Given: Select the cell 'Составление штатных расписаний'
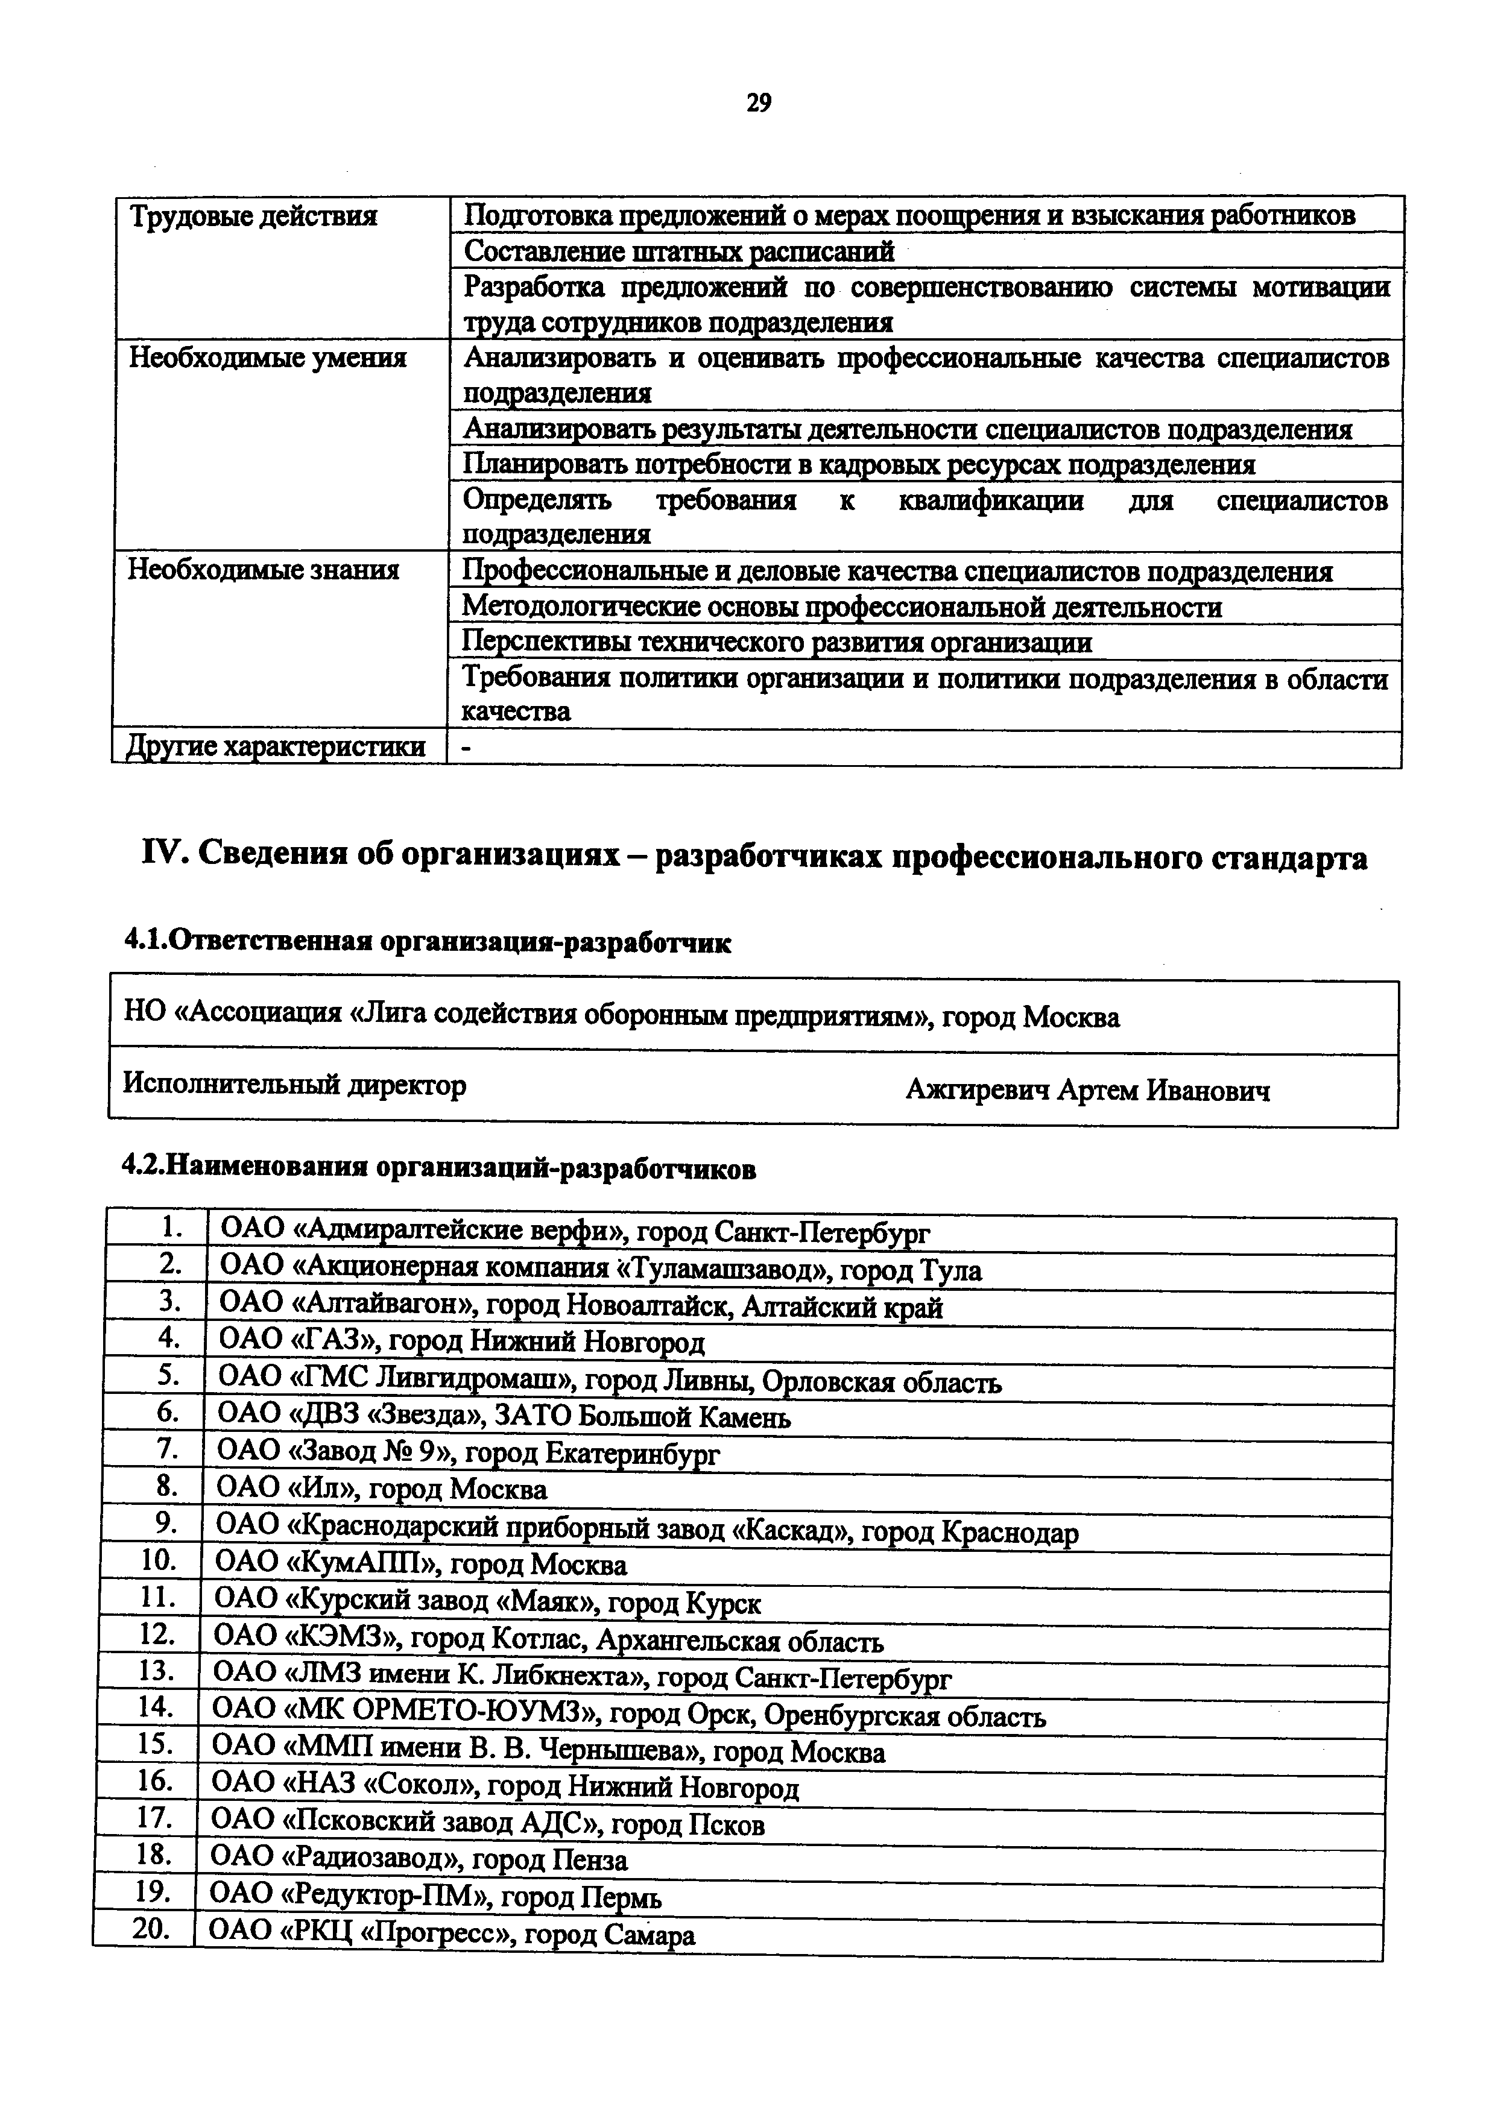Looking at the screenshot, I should coord(679,251).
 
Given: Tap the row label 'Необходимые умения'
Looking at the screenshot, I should coord(267,358).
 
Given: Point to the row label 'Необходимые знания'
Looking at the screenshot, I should coord(264,570).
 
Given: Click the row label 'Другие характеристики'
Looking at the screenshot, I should coord(276,746).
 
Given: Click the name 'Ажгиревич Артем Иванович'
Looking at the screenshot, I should coord(1087,1091).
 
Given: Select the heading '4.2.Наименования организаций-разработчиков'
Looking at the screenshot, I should coord(440,1169).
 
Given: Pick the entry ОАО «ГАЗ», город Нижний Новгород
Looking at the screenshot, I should coord(461,1341).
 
